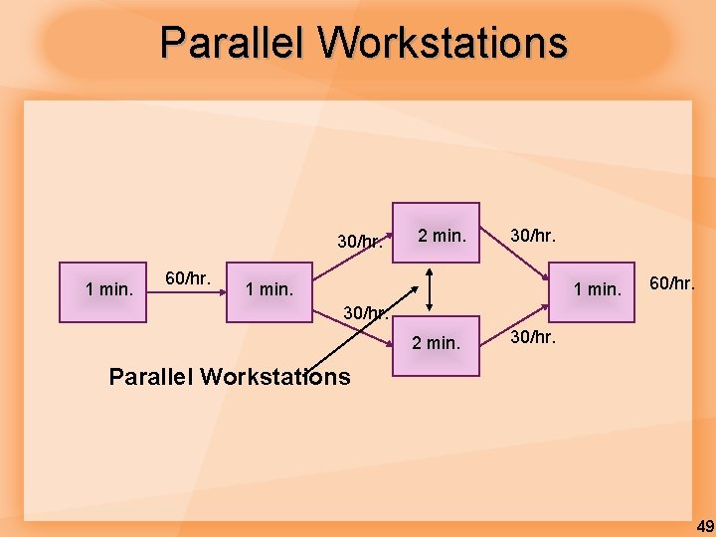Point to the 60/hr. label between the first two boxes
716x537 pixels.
pos(188,277)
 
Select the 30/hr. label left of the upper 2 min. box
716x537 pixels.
pos(360,242)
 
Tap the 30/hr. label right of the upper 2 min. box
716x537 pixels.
pos(533,236)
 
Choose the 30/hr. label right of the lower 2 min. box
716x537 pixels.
pos(533,337)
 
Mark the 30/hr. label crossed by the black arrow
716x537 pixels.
pos(364,313)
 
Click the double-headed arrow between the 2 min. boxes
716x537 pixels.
pos(429,290)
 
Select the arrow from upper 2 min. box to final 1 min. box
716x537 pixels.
pos(517,255)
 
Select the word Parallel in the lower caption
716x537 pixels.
pos(151,377)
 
